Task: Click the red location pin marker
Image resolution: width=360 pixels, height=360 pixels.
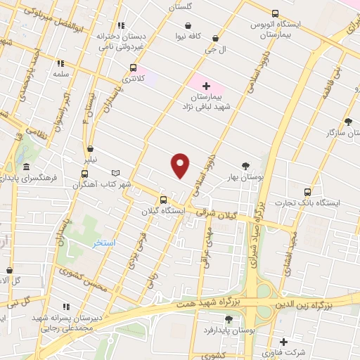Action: point(181,166)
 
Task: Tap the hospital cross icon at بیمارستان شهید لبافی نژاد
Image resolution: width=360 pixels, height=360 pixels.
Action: point(205,86)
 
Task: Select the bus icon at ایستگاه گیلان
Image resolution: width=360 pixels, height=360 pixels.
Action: point(163,199)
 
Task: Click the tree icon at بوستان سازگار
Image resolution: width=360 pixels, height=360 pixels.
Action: point(349,122)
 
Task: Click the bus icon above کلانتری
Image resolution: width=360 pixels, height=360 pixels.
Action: point(134,68)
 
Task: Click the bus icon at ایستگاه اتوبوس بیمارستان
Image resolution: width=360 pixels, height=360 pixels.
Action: point(274,13)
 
